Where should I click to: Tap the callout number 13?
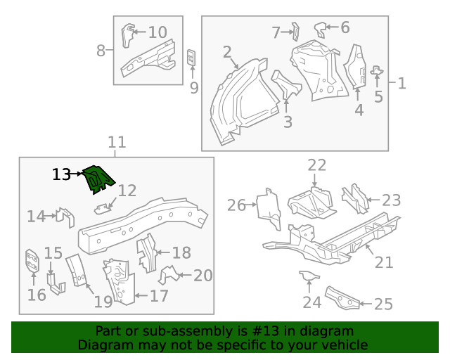[x=62, y=174]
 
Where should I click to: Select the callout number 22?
[x=317, y=165]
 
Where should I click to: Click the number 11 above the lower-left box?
[x=117, y=142]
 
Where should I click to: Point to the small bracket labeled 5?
[x=377, y=70]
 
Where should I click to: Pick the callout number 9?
[x=194, y=88]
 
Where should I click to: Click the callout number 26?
[x=237, y=205]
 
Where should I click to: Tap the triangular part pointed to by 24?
[x=308, y=275]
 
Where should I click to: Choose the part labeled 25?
[x=342, y=297]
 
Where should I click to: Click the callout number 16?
[x=37, y=295]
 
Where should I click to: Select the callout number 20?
[x=202, y=275]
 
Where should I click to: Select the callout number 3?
[x=288, y=122]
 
